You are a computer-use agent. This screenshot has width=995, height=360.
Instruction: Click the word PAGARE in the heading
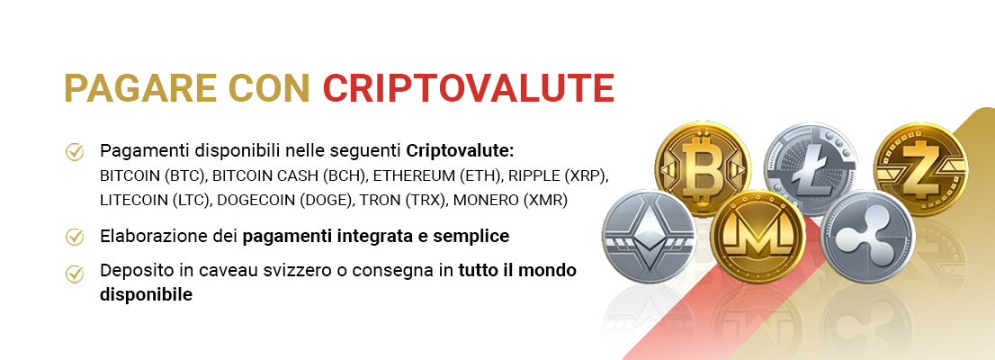pyautogui.click(x=141, y=88)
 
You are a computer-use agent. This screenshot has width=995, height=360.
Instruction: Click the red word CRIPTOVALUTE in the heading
pyautogui.click(x=469, y=88)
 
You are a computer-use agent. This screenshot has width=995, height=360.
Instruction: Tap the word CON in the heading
pyautogui.click(x=270, y=88)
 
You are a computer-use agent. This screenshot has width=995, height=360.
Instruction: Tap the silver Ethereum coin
pyautogui.click(x=649, y=236)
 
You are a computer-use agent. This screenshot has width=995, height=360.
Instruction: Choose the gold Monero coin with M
pyautogui.click(x=757, y=236)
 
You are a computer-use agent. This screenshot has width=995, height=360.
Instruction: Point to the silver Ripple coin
pyautogui.click(x=867, y=236)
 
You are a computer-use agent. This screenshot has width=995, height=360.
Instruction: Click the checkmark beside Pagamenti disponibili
pyautogui.click(x=75, y=152)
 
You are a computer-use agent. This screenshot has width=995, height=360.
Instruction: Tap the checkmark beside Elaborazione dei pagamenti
pyautogui.click(x=75, y=237)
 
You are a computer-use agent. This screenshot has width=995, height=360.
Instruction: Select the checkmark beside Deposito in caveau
pyautogui.click(x=75, y=274)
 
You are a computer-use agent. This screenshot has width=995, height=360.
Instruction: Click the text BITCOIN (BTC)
pyautogui.click(x=154, y=175)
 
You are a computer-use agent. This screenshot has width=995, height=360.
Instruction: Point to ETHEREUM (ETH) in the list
pyautogui.click(x=429, y=175)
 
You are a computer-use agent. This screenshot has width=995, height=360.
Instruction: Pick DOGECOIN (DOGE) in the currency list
pyautogui.click(x=285, y=200)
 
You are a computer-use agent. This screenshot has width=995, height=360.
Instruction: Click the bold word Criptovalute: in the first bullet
pyautogui.click(x=460, y=151)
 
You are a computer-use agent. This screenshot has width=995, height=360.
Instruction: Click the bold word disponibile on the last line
pyautogui.click(x=146, y=295)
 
